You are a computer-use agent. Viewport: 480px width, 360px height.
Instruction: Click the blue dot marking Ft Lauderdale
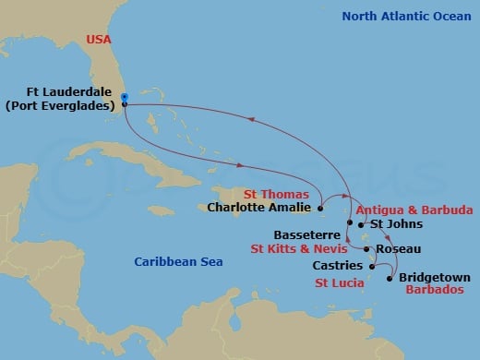124,97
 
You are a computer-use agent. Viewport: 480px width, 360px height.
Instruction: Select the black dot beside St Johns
360,223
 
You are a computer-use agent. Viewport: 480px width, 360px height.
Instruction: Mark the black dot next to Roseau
367,249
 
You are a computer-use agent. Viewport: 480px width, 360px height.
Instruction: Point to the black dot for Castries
372,267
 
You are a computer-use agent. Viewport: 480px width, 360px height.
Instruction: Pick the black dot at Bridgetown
391,278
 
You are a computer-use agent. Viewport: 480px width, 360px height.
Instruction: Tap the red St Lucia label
338,282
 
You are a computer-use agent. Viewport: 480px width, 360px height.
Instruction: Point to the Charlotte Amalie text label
261,209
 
